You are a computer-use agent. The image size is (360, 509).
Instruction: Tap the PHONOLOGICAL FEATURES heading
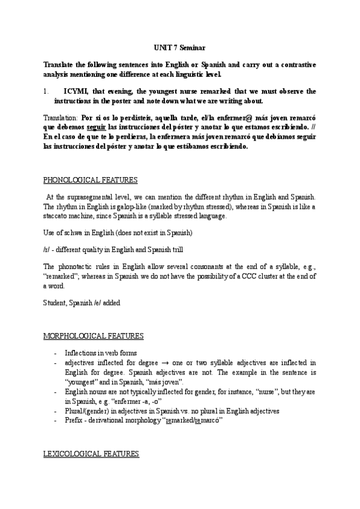[x=91, y=179]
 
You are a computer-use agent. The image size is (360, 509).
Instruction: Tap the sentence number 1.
[x=46, y=91]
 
